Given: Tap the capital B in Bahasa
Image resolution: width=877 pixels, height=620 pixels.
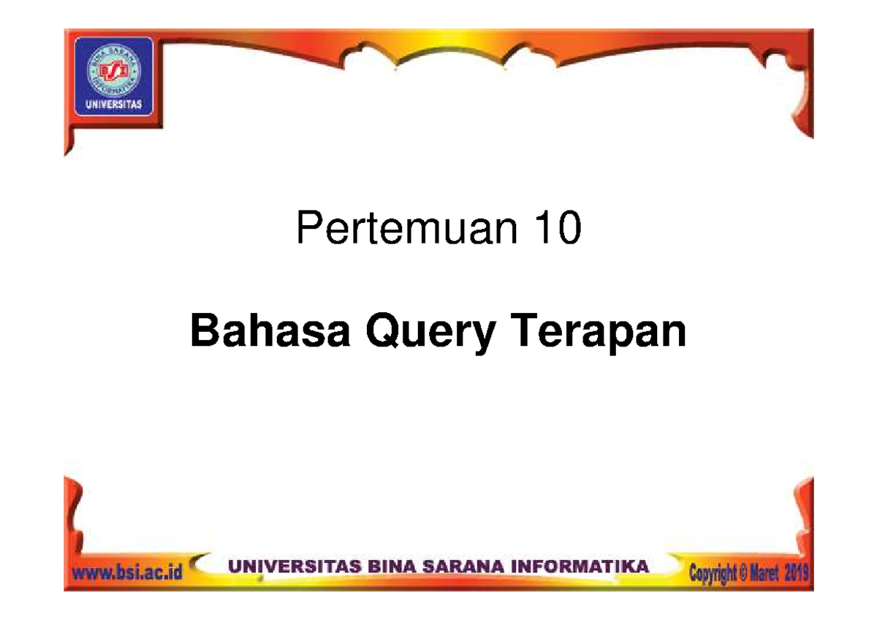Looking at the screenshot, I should [x=202, y=333].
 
